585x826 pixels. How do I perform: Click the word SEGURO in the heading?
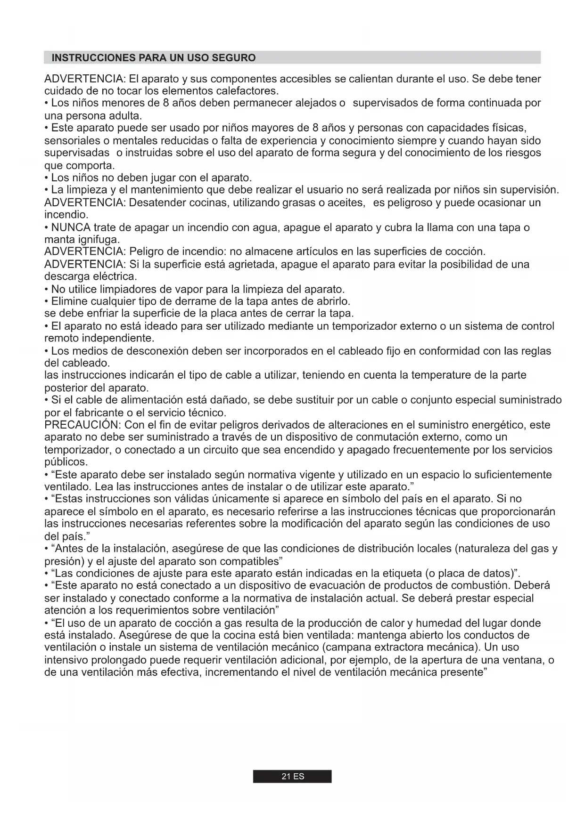(234, 58)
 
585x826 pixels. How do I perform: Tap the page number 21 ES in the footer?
(292, 777)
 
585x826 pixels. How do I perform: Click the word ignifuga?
(98, 240)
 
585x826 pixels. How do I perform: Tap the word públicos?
(66, 462)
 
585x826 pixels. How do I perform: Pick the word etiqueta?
(401, 574)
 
